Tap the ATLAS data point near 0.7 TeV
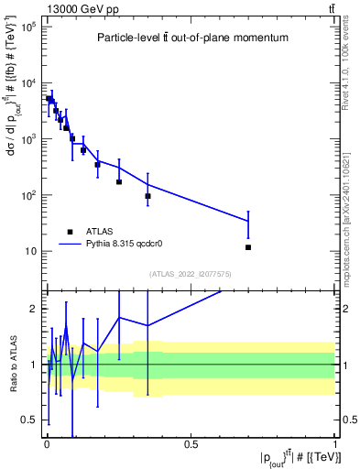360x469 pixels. tap(248, 247)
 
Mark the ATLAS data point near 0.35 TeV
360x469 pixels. tap(147, 196)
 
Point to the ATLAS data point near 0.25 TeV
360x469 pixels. tap(119, 181)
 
